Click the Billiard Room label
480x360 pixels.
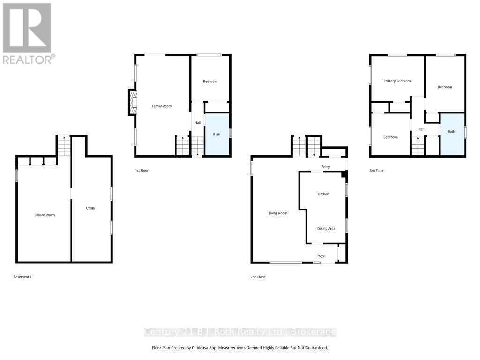click(45, 215)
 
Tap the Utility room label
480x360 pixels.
click(90, 208)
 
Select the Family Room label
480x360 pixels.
click(162, 106)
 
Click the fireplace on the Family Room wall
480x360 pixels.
click(133, 102)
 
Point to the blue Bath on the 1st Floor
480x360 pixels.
click(217, 134)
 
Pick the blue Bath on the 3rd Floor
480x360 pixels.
click(452, 134)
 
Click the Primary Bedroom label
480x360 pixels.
click(397, 81)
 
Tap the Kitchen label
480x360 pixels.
click(323, 194)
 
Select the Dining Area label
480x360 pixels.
click(326, 229)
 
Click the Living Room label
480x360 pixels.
click(278, 213)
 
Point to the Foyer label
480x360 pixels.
click(322, 255)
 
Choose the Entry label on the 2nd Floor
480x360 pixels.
click(326, 167)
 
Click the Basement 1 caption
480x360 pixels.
click(22, 277)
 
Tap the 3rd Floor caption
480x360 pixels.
click(376, 171)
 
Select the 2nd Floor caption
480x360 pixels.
click(258, 277)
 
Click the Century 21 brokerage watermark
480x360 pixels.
click(240, 332)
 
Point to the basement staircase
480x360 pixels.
click(64, 146)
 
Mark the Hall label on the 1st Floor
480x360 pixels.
click(198, 123)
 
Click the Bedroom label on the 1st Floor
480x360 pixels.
click(210, 82)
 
